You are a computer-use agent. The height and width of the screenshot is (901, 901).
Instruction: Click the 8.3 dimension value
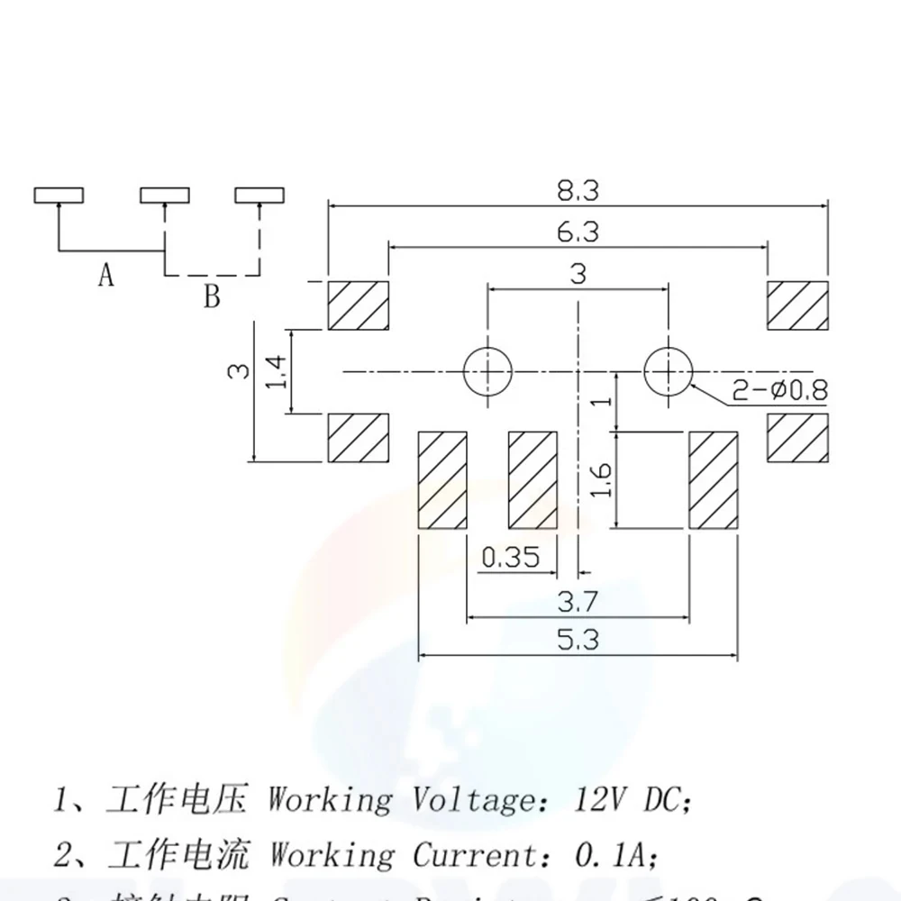point(578,192)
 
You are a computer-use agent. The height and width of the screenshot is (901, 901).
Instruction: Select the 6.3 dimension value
point(578,232)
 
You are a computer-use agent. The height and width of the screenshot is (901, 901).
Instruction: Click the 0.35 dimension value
point(510,559)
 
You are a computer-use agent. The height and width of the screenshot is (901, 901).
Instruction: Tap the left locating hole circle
point(487,370)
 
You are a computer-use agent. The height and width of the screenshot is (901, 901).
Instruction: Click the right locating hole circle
point(668,370)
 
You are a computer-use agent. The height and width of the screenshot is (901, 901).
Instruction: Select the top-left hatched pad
point(358,306)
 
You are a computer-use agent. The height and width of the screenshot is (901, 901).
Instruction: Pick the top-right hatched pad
point(796,306)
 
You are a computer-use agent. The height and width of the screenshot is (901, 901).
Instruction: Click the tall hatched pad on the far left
point(442,480)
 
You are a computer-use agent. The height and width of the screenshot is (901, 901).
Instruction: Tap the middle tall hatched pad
point(533,480)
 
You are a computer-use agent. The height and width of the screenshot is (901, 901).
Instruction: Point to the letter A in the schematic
point(106,275)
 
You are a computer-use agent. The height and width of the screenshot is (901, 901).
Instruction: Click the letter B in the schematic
point(211,296)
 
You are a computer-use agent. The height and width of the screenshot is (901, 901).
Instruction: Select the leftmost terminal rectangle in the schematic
point(59,195)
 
